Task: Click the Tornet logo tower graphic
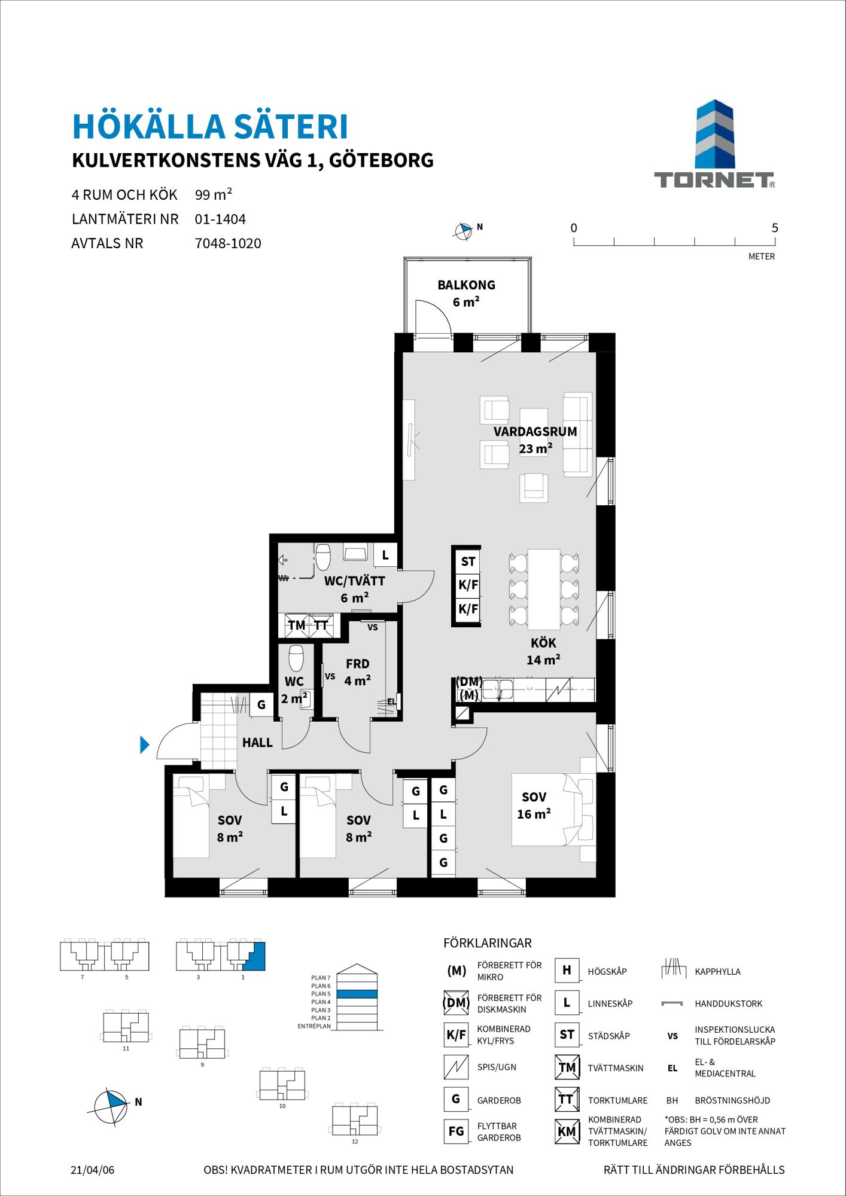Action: coord(714,135)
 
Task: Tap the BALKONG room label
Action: coord(467,285)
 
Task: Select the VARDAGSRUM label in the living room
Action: coord(535,431)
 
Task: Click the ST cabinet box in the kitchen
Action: coord(468,562)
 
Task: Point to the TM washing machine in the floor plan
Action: coord(297,626)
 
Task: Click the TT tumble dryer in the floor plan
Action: coord(321,626)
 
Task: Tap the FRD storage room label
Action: coord(358,664)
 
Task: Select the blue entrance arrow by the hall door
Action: coord(144,745)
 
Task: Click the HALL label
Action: coord(257,743)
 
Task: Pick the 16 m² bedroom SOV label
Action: coord(534,797)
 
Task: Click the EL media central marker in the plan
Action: coord(392,701)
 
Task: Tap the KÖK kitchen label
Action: coord(543,643)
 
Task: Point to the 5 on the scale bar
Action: coord(775,228)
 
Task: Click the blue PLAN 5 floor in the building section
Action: coord(357,994)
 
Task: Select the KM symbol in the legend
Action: coord(567,1131)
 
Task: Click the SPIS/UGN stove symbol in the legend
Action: coord(455,1067)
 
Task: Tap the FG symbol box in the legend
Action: coord(455,1131)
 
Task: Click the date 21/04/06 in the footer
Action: coord(92,1170)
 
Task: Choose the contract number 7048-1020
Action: coord(228,243)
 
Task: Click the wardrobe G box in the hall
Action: coord(261,705)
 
